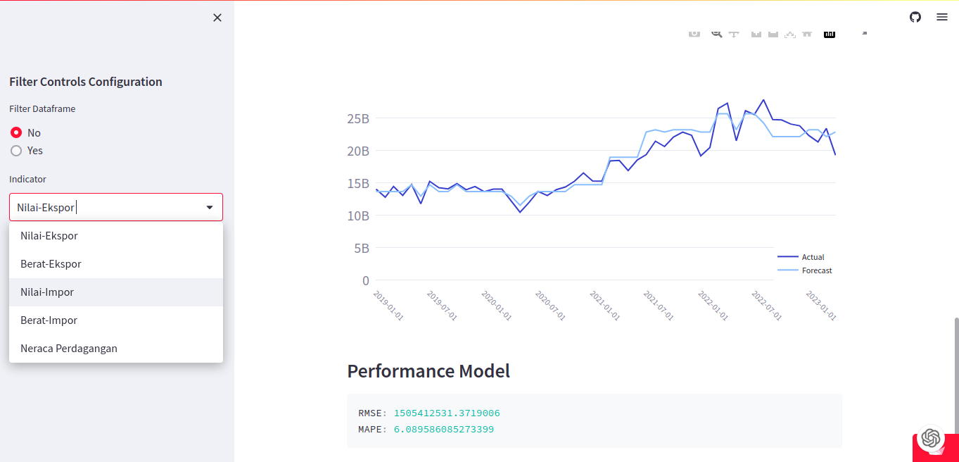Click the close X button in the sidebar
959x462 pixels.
coord(217,18)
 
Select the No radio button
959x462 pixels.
coord(16,132)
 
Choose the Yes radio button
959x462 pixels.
coord(16,151)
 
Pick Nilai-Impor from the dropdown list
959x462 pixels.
coord(47,292)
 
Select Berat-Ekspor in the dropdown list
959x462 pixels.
coord(51,264)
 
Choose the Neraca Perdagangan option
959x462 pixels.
coord(69,349)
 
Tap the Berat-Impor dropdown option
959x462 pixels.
coord(49,320)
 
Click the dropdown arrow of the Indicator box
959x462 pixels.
coord(210,208)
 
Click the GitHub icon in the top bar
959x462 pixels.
coord(915,17)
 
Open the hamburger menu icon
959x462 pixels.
coord(942,17)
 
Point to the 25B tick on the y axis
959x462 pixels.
coord(358,118)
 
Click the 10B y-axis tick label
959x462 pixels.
coord(358,216)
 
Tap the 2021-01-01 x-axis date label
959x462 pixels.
coord(605,306)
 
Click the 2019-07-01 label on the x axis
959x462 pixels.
coord(442,306)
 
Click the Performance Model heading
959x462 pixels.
coord(428,371)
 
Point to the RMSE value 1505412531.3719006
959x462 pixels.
coord(447,413)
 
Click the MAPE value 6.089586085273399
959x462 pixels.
coord(444,429)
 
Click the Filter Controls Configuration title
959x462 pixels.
coord(86,82)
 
